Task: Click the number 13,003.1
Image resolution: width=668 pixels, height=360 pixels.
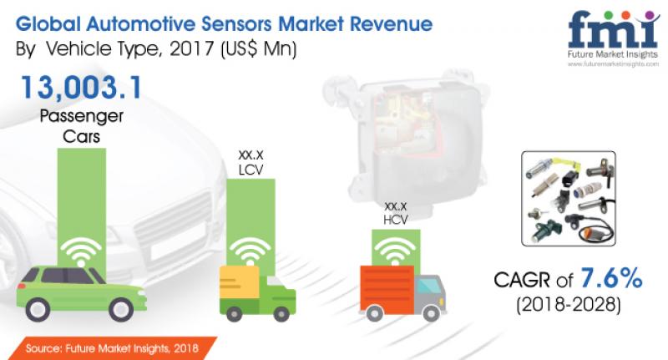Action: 81,88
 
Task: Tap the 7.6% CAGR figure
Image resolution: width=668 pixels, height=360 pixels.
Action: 611,278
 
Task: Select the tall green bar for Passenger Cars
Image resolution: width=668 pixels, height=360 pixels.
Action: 81,209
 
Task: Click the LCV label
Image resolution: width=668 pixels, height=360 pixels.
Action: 251,170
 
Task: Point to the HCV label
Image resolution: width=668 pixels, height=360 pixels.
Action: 395,220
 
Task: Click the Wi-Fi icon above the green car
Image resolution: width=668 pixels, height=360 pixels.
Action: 81,251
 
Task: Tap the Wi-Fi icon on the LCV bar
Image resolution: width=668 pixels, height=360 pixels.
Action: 250,251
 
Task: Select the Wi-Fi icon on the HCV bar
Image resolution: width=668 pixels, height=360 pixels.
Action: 395,251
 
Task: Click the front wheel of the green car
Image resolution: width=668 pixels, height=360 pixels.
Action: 121,309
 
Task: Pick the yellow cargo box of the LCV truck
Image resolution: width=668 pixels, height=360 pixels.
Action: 239,282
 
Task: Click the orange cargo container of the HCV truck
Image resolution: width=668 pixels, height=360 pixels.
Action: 387,289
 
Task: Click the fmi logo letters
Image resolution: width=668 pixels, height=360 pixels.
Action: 614,29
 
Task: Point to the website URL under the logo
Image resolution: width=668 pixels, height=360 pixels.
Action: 613,64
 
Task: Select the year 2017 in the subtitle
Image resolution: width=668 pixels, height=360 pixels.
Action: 192,48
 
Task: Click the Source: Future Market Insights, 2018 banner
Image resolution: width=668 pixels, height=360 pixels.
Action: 112,348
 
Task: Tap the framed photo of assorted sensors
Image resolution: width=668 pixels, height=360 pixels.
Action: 569,199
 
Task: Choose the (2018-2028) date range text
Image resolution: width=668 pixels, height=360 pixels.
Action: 569,305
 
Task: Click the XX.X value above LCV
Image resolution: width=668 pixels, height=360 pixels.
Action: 251,155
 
